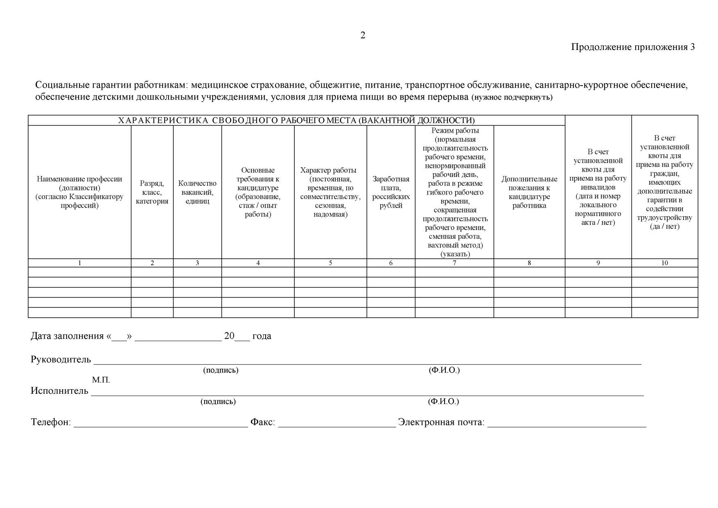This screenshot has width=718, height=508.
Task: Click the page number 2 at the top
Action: point(363,36)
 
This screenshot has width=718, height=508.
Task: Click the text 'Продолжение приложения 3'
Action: point(632,47)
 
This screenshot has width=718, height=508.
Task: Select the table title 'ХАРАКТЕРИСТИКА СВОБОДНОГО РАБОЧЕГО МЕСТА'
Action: point(296,120)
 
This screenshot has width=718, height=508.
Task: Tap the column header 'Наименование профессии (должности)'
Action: point(79,192)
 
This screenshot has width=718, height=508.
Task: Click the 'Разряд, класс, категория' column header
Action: point(152,192)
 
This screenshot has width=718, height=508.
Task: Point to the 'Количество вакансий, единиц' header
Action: point(197,192)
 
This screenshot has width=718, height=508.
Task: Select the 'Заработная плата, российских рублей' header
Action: point(391,192)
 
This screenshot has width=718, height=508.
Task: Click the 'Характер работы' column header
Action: point(330,192)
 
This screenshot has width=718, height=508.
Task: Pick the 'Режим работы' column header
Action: point(455,192)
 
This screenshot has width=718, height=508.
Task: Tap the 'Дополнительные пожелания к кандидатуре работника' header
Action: point(529,192)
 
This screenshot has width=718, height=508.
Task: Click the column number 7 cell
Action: point(454,263)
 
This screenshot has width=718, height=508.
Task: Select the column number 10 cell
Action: point(664,263)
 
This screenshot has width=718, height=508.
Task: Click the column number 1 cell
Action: point(79,263)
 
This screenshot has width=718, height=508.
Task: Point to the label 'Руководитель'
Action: point(61,360)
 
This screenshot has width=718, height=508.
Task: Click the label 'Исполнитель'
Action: point(59,391)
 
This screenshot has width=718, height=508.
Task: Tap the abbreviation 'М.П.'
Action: point(101,380)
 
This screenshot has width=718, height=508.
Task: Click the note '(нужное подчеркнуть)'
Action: point(512,98)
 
